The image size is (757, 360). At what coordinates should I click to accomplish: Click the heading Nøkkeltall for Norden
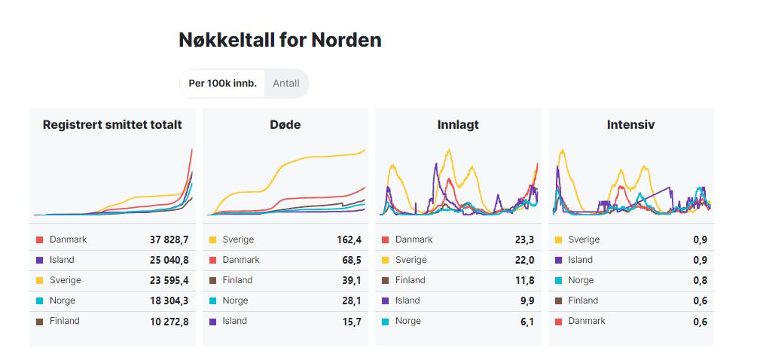pos(279,40)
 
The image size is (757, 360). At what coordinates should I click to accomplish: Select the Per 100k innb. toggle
pos(222,84)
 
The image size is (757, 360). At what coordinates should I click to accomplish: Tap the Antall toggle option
pos(286,84)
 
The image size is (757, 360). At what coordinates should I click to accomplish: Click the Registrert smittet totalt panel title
pos(112,125)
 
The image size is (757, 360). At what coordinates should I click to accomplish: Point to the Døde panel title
pos(285,125)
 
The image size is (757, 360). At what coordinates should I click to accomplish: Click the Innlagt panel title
pos(458,125)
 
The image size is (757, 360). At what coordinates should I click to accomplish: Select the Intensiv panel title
pos(630,125)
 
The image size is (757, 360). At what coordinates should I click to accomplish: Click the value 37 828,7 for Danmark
pos(169,239)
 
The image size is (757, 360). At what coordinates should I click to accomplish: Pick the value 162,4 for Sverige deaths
pos(349,239)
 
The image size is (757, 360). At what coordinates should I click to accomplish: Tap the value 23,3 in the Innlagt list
pos(525,239)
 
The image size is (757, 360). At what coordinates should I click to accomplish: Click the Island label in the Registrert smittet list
pos(62,260)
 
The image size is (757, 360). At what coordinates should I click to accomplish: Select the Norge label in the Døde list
pos(235,301)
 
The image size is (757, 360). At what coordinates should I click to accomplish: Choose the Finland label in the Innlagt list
pos(411,280)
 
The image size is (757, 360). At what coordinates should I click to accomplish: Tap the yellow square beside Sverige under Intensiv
pos(558,239)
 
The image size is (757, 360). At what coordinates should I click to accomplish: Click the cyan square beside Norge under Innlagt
pos(385,321)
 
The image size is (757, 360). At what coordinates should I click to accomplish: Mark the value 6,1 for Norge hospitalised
pos(527,321)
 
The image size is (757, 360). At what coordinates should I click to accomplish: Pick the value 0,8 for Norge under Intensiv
pos(701,280)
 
